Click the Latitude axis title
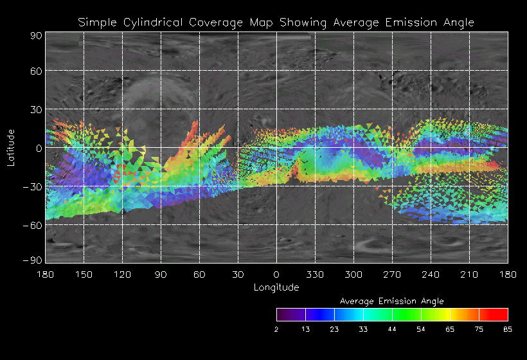(11, 147)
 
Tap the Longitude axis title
(276, 287)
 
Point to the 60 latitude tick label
(35, 71)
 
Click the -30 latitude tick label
(32, 187)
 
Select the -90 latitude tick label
(32, 260)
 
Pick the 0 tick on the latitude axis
(39, 148)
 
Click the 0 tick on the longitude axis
(276, 274)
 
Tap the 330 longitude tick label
(315, 274)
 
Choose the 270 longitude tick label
(392, 274)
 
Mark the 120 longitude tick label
(122, 274)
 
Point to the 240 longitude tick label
(431, 274)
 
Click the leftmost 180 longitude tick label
(45, 274)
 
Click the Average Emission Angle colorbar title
(391, 301)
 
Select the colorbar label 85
(508, 329)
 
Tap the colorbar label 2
(276, 329)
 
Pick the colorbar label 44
(392, 329)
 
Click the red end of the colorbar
(502, 314)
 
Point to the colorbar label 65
(450, 329)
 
